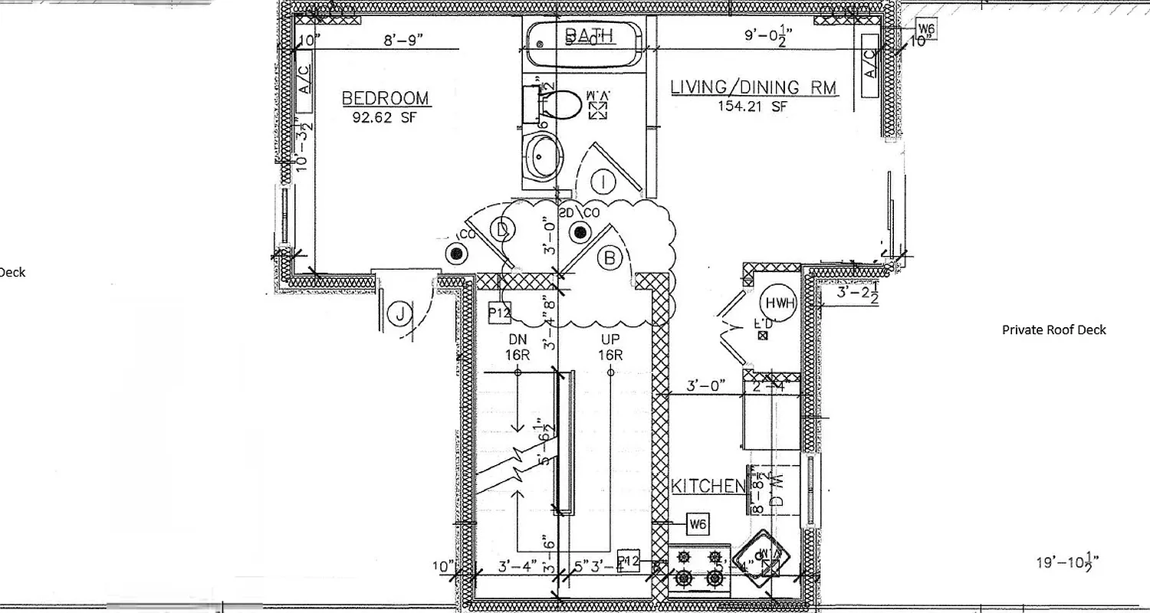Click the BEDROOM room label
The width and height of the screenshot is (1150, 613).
tap(385, 99)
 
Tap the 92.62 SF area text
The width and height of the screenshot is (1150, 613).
tap(385, 118)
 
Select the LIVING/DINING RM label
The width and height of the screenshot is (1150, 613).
tap(754, 87)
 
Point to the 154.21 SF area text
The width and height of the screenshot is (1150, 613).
tap(753, 107)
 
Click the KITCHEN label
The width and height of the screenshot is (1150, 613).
tap(708, 486)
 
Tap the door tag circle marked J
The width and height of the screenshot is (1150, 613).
tap(399, 314)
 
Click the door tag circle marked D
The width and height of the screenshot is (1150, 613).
tap(502, 229)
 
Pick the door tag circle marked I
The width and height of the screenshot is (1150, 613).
tap(604, 182)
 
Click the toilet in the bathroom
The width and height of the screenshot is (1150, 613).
tap(562, 104)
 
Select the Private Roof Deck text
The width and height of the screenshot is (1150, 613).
tap(1054, 329)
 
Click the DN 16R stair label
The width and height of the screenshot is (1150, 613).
tap(517, 347)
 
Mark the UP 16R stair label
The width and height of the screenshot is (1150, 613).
tap(610, 347)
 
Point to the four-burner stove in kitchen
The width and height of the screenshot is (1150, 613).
tap(699, 569)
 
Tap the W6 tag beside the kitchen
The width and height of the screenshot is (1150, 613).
tap(697, 524)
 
